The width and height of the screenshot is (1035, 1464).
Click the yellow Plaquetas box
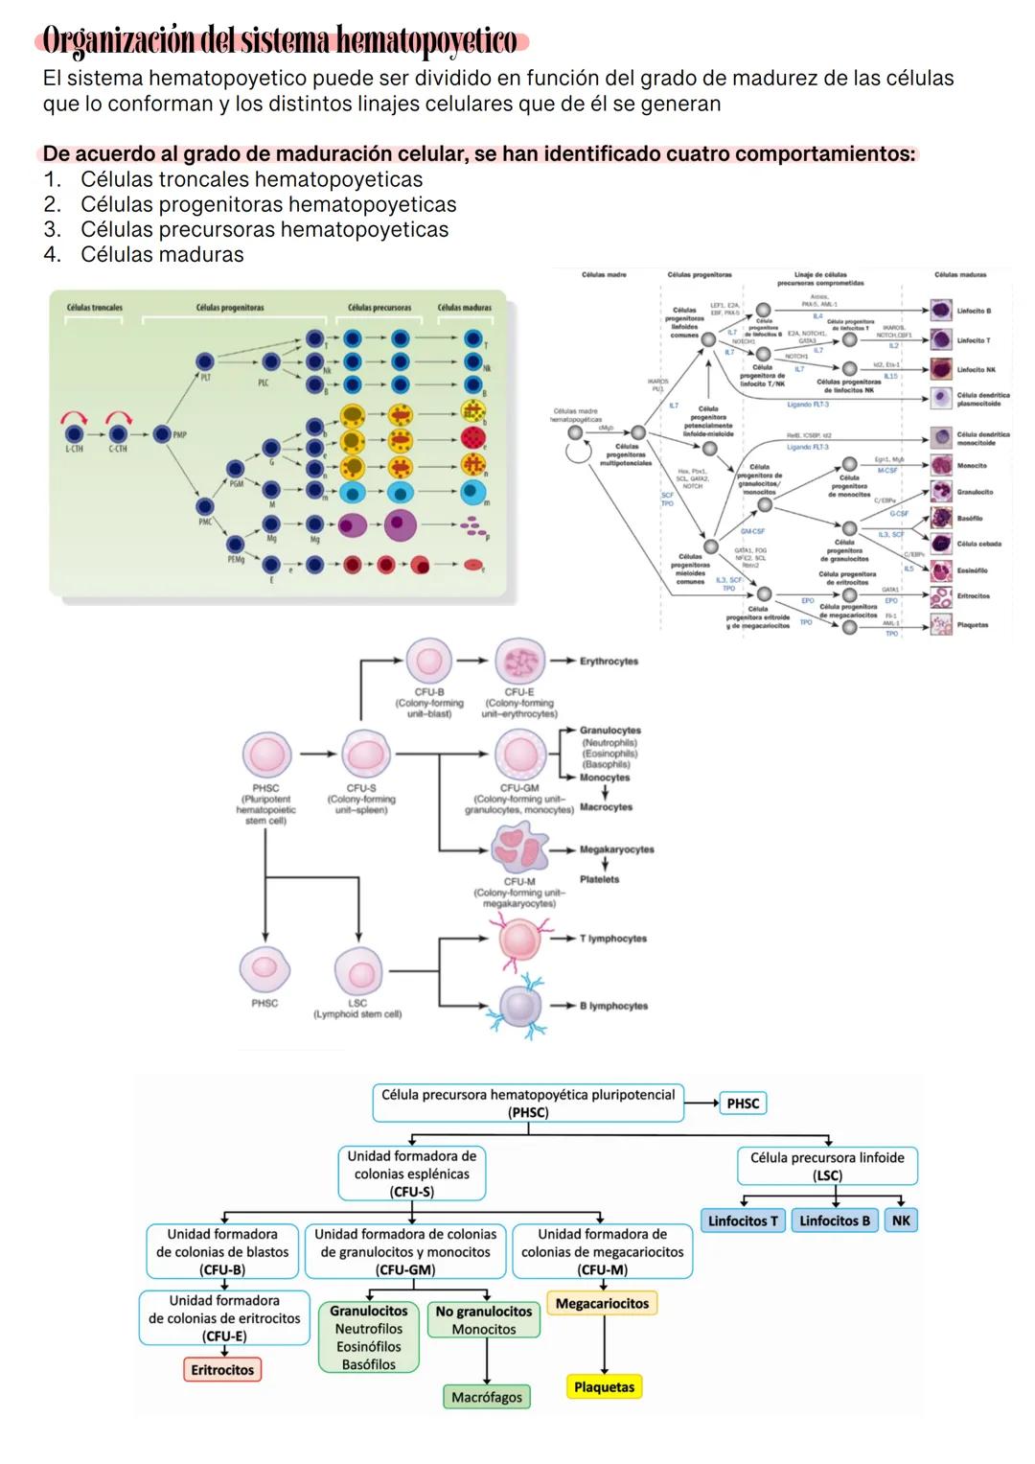pyautogui.click(x=604, y=1386)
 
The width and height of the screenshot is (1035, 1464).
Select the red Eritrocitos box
pyautogui.click(x=222, y=1369)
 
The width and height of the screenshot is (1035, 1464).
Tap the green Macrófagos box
pyautogui.click(x=487, y=1397)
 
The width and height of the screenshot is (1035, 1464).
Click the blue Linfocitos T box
pyautogui.click(x=743, y=1220)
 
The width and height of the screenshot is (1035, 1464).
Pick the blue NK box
pyautogui.click(x=901, y=1220)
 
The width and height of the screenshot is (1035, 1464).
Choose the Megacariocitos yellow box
pyautogui.click(x=602, y=1303)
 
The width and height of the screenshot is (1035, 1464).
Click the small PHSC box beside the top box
pyautogui.click(x=743, y=1104)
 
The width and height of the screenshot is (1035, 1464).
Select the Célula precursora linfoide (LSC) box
pyautogui.click(x=827, y=1166)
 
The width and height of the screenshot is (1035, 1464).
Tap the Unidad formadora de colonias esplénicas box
pyautogui.click(x=412, y=1174)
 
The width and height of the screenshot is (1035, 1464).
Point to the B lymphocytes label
pyautogui.click(x=613, y=1006)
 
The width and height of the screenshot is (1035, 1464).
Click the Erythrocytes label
pyautogui.click(x=609, y=662)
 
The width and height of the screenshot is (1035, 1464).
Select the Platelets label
pyautogui.click(x=599, y=879)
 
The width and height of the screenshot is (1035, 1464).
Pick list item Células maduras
pyautogui.click(x=162, y=255)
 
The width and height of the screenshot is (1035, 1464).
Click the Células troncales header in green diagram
pyautogui.click(x=94, y=308)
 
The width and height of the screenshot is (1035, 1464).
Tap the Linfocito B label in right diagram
pyautogui.click(x=974, y=312)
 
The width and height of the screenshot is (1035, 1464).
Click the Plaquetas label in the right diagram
pyautogui.click(x=972, y=625)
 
